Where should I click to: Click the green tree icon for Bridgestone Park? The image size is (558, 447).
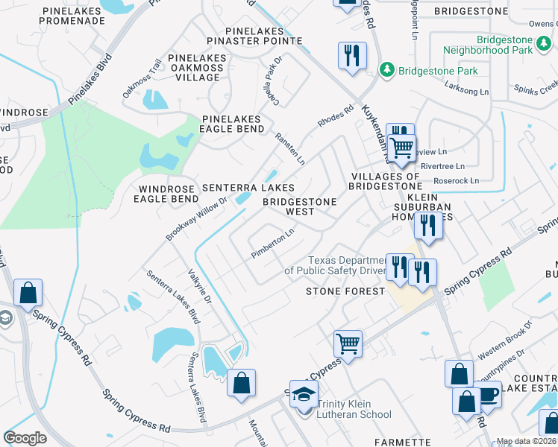click(x=387, y=70)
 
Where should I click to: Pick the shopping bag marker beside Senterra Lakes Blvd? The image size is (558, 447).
click(x=241, y=384)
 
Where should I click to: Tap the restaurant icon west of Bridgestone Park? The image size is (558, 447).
click(x=352, y=54)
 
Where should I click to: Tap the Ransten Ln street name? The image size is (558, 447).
click(x=290, y=149)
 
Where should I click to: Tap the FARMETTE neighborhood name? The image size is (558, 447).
click(x=402, y=442)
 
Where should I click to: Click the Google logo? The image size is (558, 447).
click(x=25, y=437)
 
